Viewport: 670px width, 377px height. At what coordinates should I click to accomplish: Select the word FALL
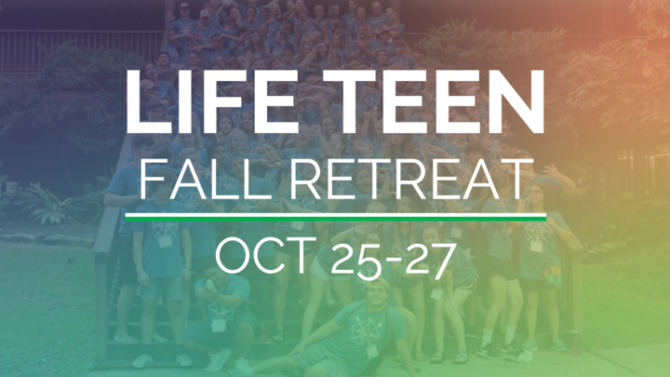(205, 180)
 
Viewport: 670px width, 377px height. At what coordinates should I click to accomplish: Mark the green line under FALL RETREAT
(335, 219)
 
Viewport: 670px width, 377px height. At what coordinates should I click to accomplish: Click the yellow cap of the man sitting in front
(378, 283)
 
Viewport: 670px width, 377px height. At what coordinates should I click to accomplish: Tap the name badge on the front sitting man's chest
(371, 351)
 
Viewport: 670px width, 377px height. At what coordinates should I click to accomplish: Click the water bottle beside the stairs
(575, 341)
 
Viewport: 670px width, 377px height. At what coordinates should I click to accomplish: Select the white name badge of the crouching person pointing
(219, 325)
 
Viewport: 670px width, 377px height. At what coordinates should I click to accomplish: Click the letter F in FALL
(153, 180)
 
